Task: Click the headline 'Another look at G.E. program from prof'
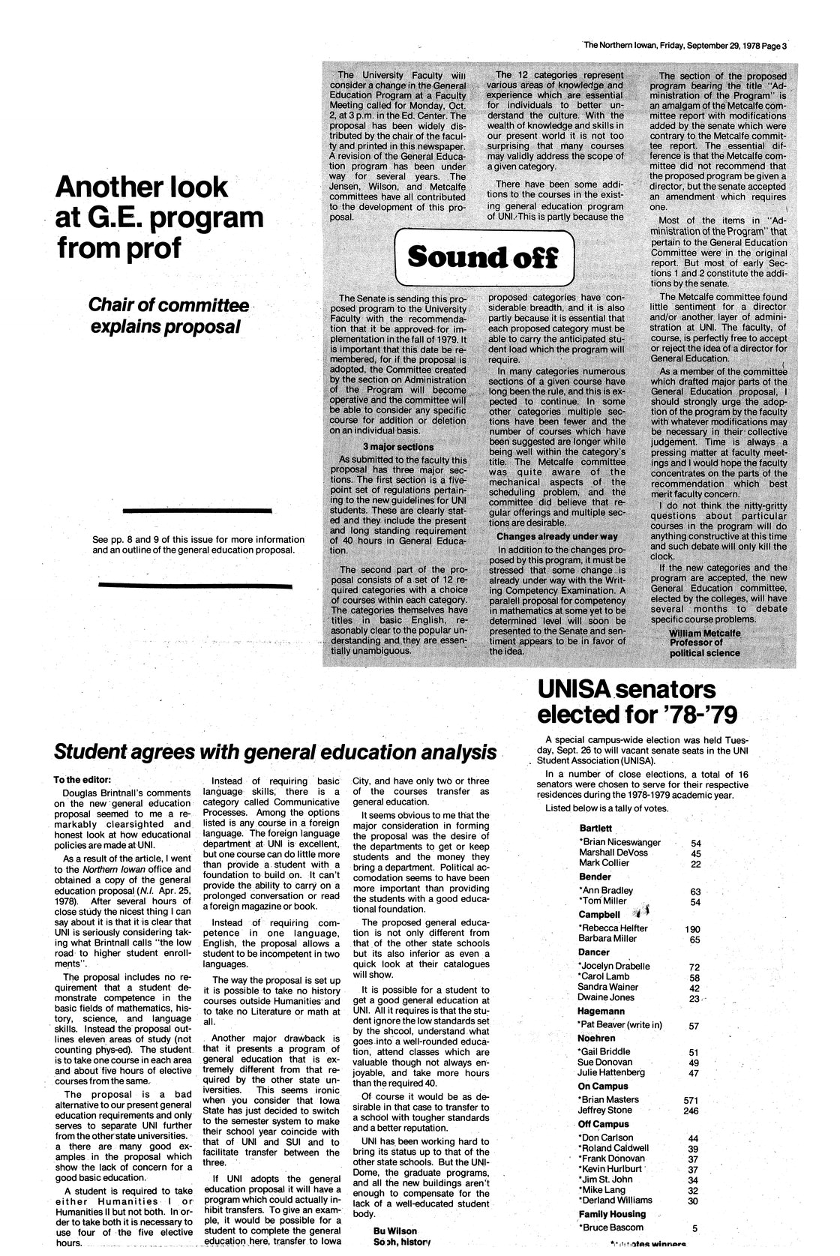(x=160, y=217)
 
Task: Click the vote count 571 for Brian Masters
(x=691, y=1100)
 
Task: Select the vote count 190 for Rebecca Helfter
(x=692, y=929)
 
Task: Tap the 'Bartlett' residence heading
(x=596, y=828)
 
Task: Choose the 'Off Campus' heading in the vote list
(x=604, y=1124)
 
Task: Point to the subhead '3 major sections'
(x=397, y=447)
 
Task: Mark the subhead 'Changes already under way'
(x=556, y=536)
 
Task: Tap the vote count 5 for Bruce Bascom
(x=694, y=1228)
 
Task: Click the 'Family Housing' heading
(x=612, y=1214)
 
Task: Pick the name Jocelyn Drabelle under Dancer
(x=613, y=966)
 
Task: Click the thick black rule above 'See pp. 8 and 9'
(x=196, y=510)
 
